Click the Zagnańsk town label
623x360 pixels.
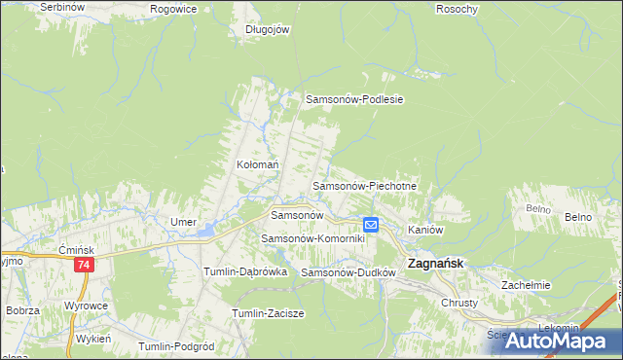(x=434, y=263)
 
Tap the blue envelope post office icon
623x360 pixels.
(x=371, y=225)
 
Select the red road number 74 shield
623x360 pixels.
(x=85, y=265)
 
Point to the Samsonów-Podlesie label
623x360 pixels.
(x=354, y=99)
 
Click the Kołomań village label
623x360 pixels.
(x=258, y=165)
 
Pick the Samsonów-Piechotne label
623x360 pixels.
(x=364, y=185)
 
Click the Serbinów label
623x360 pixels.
(x=58, y=7)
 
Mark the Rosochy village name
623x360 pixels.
(x=458, y=9)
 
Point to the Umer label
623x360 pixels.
(x=184, y=222)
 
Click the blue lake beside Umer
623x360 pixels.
(x=206, y=231)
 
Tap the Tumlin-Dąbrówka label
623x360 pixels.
(x=244, y=272)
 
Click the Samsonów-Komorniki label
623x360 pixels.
(x=311, y=238)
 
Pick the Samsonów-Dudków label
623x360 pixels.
(x=348, y=273)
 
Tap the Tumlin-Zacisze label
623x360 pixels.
(x=269, y=313)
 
